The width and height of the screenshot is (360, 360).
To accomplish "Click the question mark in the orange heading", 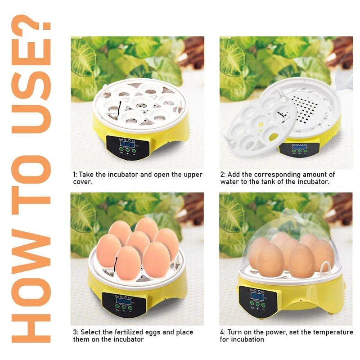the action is pyautogui.click(x=31, y=25).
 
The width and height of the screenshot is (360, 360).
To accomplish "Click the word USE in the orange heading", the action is pyautogui.click(x=31, y=86).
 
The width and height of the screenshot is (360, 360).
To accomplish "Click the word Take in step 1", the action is pyautogui.click(x=86, y=175).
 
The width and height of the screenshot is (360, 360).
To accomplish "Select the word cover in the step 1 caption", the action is pyautogui.click(x=81, y=182).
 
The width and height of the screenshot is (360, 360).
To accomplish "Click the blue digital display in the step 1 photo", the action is pyautogui.click(x=127, y=144).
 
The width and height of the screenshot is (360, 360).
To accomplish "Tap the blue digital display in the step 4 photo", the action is pyautogui.click(x=257, y=296).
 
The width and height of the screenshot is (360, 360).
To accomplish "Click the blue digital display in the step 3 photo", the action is pyautogui.click(x=123, y=301).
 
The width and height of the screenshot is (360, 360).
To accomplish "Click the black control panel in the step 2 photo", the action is pyautogui.click(x=299, y=150).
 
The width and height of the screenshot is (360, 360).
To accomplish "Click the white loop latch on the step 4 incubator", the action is pyautogui.click(x=325, y=268).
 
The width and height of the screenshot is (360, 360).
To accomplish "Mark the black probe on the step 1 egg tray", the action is pyautogui.click(x=119, y=109).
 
